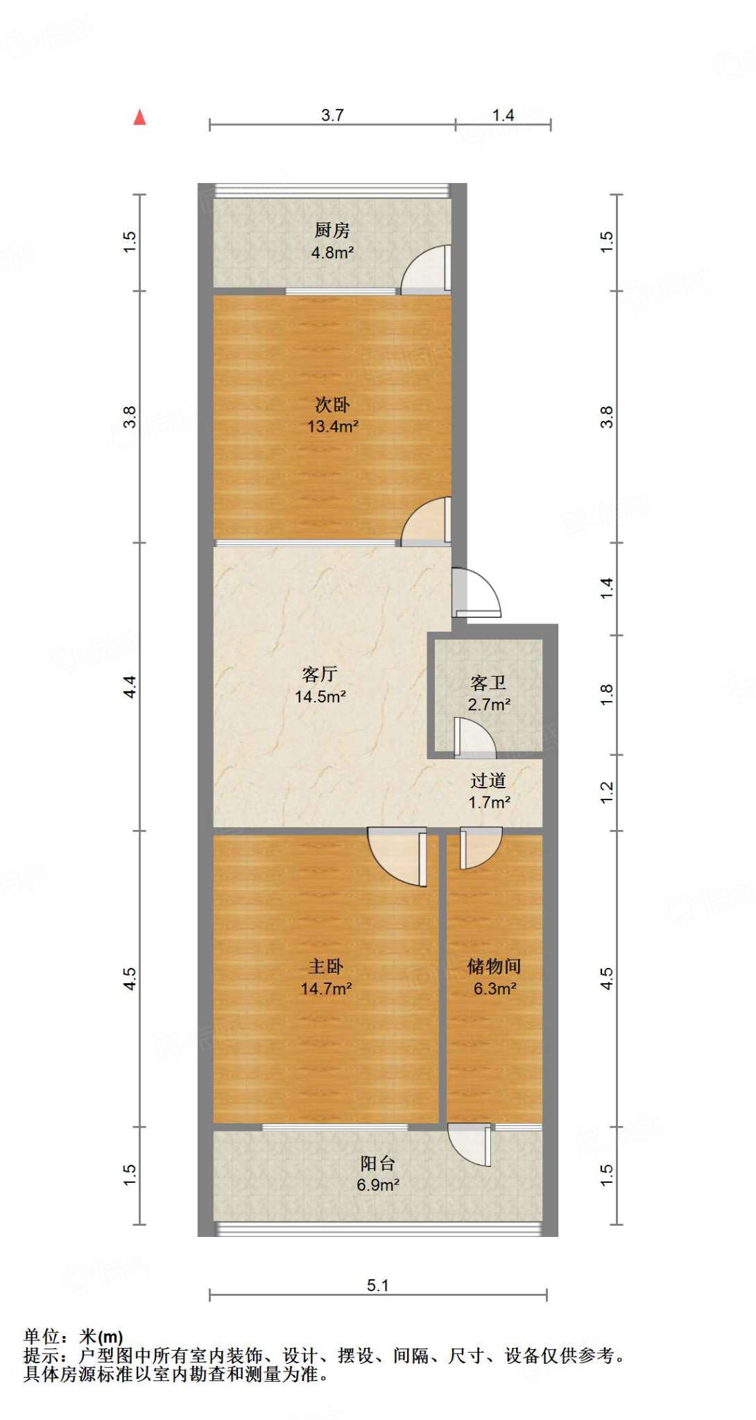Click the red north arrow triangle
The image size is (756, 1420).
click(x=140, y=118)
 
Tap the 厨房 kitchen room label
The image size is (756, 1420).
click(x=332, y=230)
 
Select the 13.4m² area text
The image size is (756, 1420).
click(x=333, y=426)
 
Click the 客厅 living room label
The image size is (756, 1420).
click(x=320, y=674)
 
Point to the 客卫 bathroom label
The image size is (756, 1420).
click(x=488, y=683)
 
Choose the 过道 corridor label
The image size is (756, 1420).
click(x=488, y=781)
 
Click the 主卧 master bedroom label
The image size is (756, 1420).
click(x=326, y=967)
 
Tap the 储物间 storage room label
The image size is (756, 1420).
click(x=495, y=967)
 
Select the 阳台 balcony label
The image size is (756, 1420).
click(x=378, y=1163)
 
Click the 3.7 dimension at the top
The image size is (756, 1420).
click(x=332, y=115)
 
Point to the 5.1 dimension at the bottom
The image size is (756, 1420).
click(x=378, y=1285)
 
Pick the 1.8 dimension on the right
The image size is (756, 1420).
click(x=607, y=695)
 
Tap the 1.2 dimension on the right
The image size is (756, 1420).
click(x=607, y=793)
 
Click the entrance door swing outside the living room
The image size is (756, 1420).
click(x=476, y=593)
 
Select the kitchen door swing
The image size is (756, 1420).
click(x=426, y=269)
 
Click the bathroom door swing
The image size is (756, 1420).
click(x=476, y=736)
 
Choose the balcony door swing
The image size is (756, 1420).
click(x=470, y=1145)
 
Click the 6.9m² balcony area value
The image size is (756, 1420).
click(x=378, y=1185)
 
